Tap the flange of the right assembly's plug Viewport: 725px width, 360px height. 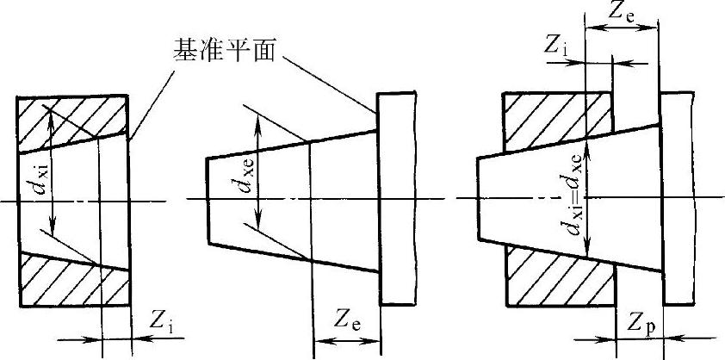[x=676, y=198]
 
